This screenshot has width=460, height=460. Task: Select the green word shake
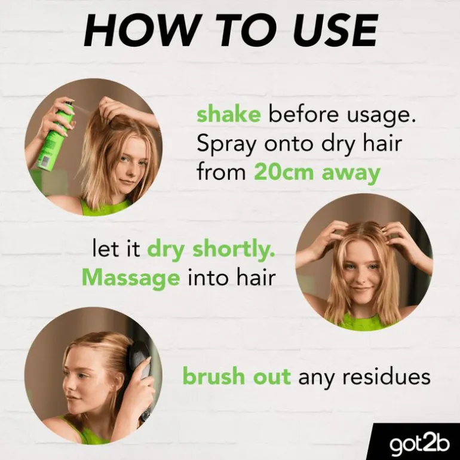click(229, 115)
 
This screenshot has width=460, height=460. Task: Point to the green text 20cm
click(284, 173)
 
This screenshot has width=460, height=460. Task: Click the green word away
click(351, 174)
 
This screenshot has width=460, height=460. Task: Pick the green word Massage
click(131, 278)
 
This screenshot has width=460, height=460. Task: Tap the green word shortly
click(234, 250)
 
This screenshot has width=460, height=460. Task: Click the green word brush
click(214, 376)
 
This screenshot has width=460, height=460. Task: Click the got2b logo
click(419, 444)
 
